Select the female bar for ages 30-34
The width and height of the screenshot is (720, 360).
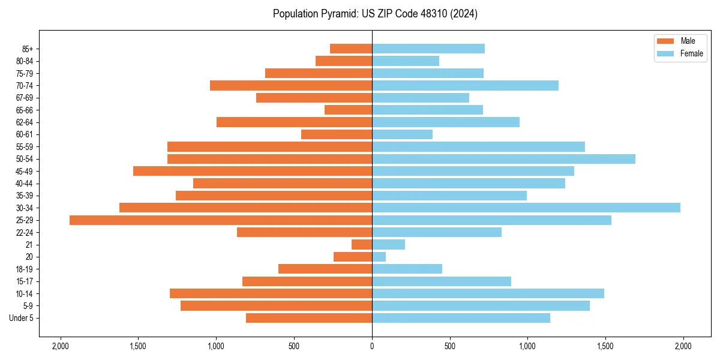526,208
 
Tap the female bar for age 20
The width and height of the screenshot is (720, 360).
379,257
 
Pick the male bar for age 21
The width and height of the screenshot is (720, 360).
362,245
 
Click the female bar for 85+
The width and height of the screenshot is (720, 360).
428,49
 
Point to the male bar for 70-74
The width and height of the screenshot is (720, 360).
291,85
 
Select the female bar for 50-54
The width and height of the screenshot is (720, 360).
503,159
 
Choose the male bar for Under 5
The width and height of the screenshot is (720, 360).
309,318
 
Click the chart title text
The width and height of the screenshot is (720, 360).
375,14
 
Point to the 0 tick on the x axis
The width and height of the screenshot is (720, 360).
372,346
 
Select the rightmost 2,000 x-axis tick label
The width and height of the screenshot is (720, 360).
683,346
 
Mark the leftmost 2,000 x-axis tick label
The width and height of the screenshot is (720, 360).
60,346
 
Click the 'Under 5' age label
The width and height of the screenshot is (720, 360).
22,318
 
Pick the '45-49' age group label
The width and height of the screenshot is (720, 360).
25,171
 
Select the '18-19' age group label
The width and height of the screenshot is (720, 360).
25,269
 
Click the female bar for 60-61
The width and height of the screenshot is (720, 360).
402,134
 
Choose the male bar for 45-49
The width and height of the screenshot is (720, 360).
253,171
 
